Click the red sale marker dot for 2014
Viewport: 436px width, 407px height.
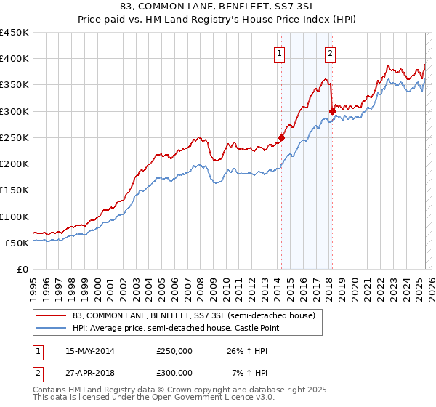281,137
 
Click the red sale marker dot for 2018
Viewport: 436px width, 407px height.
332,111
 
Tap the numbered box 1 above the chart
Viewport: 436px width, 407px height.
280,52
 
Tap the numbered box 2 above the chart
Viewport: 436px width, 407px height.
330,52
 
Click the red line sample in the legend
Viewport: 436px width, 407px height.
52,316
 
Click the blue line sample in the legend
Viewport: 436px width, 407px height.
52,329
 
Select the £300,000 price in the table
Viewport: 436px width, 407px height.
174,372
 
